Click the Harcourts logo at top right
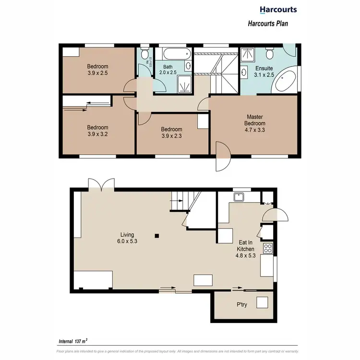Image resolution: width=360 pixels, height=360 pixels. coord(278,9)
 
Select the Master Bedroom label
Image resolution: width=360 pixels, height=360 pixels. coord(255,123)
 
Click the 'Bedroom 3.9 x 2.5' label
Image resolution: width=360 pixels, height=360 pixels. coord(97,70)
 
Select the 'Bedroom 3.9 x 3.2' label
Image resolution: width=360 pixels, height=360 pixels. coord(97,131)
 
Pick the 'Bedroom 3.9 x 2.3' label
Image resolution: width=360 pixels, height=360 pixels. coord(171,132)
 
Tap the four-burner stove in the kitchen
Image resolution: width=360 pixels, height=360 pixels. coord(267,249)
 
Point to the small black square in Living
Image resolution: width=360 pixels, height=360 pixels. coord(156,236)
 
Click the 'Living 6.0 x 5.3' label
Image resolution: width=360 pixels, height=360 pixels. coord(127,238)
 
